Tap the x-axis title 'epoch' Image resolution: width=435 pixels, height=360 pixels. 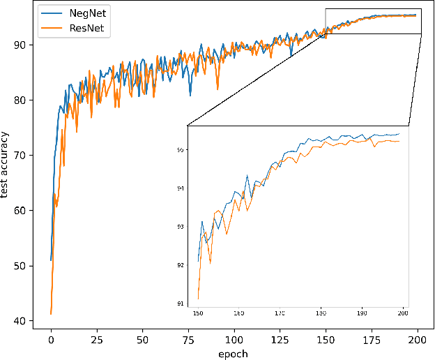(x=234, y=353)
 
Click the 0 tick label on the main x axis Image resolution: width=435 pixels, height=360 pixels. (x=51, y=338)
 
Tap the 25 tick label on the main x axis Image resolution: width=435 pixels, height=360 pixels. (x=97, y=338)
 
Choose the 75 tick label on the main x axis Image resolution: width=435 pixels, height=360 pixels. (x=188, y=338)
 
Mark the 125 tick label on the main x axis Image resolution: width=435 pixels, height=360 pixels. (x=280, y=338)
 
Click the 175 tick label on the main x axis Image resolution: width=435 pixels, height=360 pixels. (x=372, y=338)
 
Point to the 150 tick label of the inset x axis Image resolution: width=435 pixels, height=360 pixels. (x=198, y=313)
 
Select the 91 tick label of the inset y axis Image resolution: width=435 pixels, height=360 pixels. (x=181, y=303)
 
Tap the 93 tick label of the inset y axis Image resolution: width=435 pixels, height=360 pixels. (x=181, y=227)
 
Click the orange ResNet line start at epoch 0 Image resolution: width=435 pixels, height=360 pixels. (x=51, y=314)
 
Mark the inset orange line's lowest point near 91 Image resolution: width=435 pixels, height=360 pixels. (x=199, y=299)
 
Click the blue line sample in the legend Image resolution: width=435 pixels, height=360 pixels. (x=49, y=13)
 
